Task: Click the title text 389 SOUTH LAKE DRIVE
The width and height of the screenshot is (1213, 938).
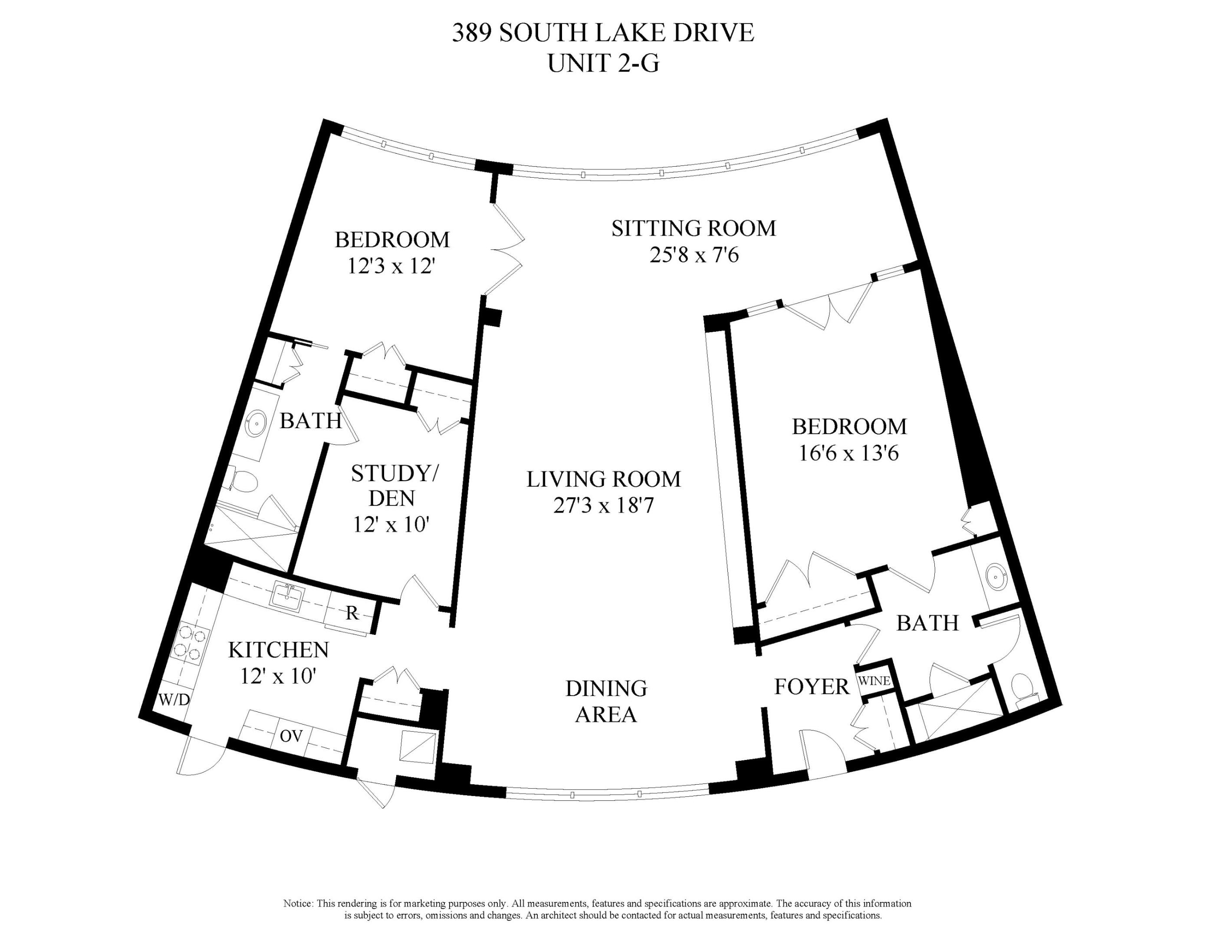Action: [603, 33]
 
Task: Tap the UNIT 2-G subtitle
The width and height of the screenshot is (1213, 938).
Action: [603, 63]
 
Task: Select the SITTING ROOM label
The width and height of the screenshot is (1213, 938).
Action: [694, 228]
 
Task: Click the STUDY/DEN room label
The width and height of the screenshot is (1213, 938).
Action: [394, 486]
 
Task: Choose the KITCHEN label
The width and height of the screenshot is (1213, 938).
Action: [279, 649]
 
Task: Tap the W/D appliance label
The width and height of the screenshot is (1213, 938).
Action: [174, 700]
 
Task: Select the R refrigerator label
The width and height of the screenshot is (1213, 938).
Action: [352, 613]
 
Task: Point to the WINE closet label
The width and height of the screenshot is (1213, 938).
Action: [875, 681]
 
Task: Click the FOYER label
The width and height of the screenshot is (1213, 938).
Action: [812, 687]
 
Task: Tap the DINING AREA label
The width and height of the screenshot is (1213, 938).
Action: [606, 701]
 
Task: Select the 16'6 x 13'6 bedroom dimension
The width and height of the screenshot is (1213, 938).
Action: [848, 453]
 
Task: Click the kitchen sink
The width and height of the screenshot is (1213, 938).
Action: [287, 596]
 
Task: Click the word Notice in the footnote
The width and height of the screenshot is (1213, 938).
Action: [298, 904]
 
